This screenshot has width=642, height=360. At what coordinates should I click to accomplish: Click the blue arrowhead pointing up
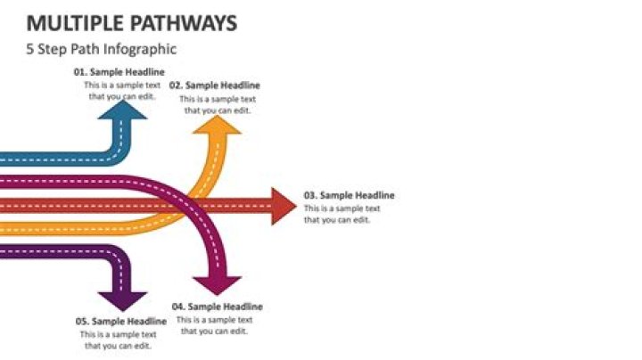point(128,110)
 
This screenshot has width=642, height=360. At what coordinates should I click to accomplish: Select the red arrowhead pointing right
point(281,207)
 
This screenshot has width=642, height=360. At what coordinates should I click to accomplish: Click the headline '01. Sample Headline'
point(119,72)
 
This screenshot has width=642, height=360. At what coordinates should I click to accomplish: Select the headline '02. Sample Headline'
point(214,86)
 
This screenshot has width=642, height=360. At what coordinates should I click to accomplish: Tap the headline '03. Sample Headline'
point(349,195)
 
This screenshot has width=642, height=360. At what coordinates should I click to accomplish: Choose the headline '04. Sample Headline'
point(217,307)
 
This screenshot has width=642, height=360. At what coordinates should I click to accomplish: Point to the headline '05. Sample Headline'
point(120,321)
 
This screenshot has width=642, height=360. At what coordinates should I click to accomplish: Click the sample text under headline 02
point(218,105)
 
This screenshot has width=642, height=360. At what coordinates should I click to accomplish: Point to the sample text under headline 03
point(342,215)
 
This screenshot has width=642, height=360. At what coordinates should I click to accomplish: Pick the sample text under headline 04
point(214,325)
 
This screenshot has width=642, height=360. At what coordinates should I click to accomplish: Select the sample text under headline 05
point(120,340)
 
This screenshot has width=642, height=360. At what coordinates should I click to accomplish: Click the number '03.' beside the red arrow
point(310,195)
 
